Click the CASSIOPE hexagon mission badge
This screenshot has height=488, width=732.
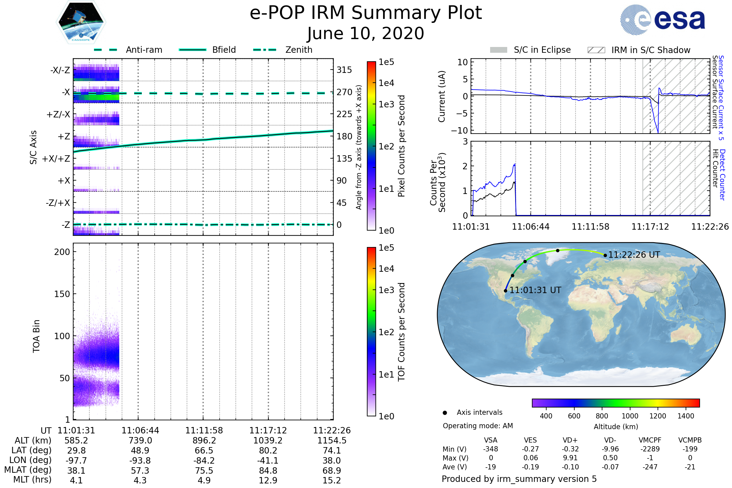(x=81, y=22)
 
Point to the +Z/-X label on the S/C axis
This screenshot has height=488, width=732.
(x=58, y=115)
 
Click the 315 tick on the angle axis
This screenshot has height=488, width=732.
(x=344, y=70)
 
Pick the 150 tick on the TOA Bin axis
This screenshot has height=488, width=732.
(x=62, y=294)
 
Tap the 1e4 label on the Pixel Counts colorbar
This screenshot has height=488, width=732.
(x=386, y=83)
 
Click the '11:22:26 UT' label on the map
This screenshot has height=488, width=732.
(x=634, y=255)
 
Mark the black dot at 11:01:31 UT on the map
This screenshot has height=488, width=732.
(x=505, y=291)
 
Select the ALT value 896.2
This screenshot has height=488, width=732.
(x=204, y=440)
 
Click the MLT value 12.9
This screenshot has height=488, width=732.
(x=268, y=480)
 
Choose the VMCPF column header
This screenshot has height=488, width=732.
(x=650, y=440)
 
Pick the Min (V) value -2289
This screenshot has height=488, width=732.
(x=650, y=449)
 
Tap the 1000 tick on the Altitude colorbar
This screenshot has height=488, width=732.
(x=630, y=416)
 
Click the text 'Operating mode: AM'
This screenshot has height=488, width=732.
(x=478, y=426)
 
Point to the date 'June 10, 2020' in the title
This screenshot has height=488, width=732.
(x=366, y=33)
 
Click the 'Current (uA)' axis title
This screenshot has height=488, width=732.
(x=442, y=96)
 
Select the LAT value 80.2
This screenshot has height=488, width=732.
(x=268, y=450)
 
